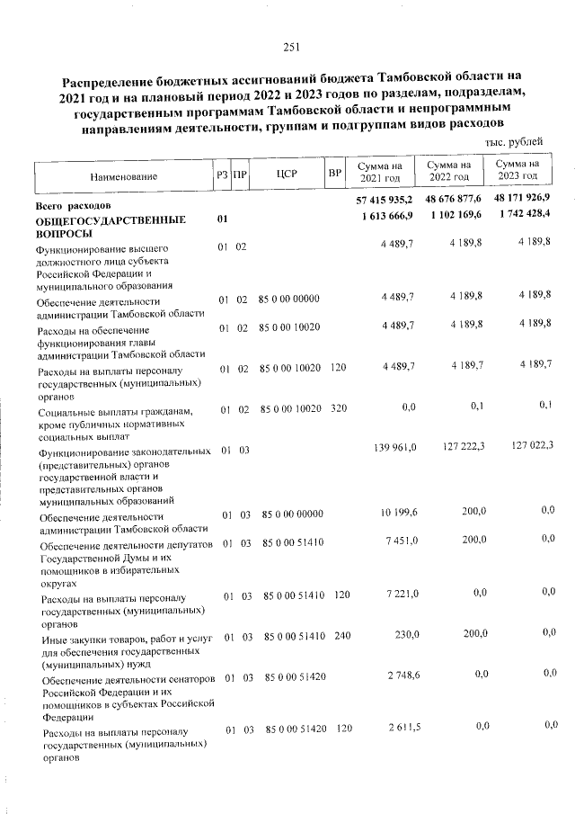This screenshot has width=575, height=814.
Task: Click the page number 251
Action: tap(290, 48)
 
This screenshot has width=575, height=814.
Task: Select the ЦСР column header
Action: tap(287, 173)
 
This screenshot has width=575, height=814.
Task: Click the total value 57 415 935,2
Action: tap(384, 200)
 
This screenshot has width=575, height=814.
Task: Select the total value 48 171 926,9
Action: tap(522, 197)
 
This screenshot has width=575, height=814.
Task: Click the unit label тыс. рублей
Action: tap(513, 142)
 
